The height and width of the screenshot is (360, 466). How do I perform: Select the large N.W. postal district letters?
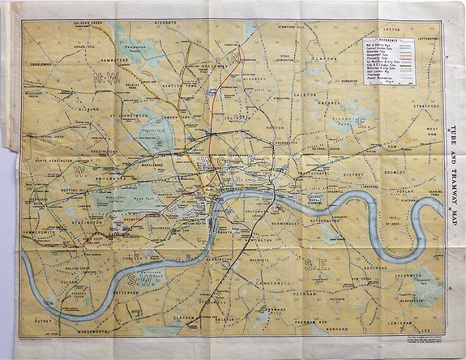[x=105, y=79]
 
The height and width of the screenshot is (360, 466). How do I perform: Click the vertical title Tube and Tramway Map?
[x=451, y=138]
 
